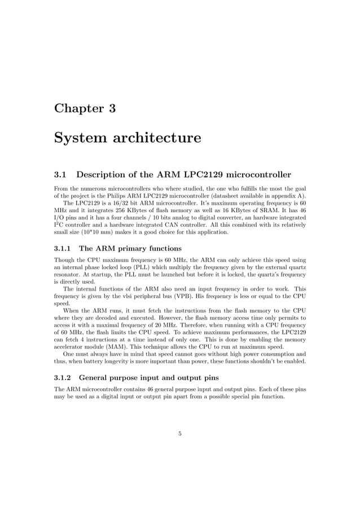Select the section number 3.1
61,174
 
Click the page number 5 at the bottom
180,433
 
